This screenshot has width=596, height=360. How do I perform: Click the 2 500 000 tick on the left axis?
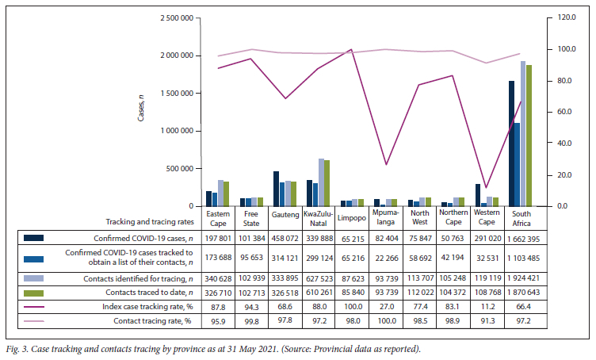(x=177, y=17)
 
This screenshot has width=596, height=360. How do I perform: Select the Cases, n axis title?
(x=140, y=105)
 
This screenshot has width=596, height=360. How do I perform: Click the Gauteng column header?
(x=285, y=216)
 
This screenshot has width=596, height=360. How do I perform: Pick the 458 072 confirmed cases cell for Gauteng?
(x=285, y=236)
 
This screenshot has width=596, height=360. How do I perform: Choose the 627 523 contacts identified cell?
(x=319, y=278)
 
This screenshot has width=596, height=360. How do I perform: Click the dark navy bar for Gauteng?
(x=277, y=189)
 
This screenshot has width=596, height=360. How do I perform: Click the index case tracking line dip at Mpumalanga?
(x=386, y=164)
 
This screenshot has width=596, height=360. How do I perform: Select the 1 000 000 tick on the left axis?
(x=177, y=131)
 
